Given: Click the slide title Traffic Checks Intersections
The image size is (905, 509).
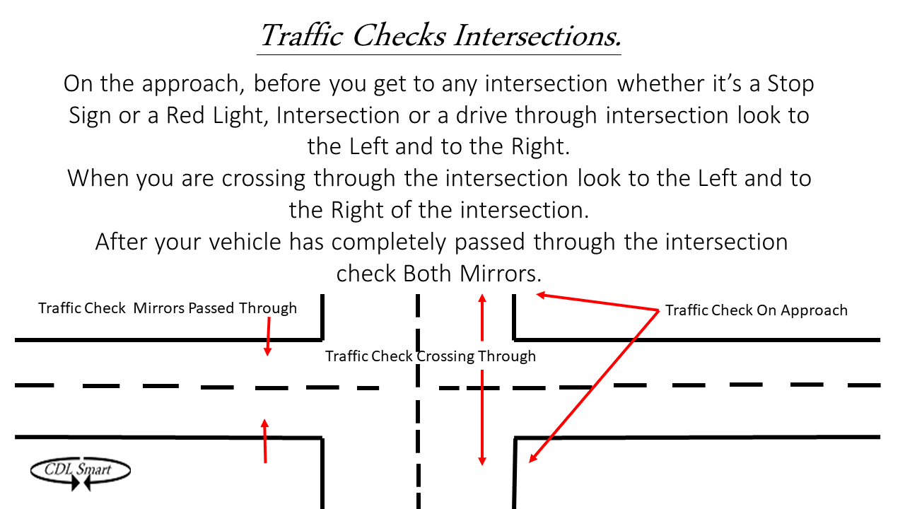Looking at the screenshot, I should (x=439, y=35).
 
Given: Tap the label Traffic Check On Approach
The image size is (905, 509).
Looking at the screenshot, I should (x=756, y=310).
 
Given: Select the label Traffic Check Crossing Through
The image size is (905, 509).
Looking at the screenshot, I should (x=430, y=356).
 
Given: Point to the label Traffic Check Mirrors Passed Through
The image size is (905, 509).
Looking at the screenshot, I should (x=168, y=308).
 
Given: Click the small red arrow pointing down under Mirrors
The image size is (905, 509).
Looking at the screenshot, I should (x=268, y=337).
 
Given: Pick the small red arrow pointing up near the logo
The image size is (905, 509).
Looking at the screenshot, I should (x=265, y=440).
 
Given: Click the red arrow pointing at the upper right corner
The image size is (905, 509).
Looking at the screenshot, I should (x=597, y=302).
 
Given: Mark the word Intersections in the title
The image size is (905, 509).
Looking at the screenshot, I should (x=537, y=35).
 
